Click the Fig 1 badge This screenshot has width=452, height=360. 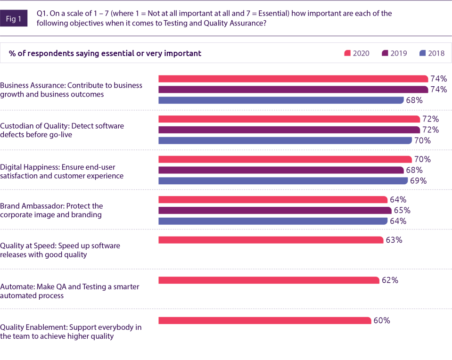pyautogui.click(x=14, y=19)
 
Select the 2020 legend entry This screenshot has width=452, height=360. pyautogui.click(x=357, y=53)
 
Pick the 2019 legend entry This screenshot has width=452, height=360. pyautogui.click(x=394, y=53)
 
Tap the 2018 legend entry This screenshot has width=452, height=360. pyautogui.click(x=431, y=53)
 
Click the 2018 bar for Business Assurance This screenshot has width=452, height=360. pyautogui.click(x=281, y=100)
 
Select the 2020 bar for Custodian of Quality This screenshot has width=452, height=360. pyautogui.click(x=289, y=119)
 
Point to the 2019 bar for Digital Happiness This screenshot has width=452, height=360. pyautogui.click(x=281, y=170)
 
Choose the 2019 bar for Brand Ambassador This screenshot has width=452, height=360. pyautogui.click(x=275, y=210)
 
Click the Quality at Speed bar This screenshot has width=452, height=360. pyautogui.click(x=271, y=240)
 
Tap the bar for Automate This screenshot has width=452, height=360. pyautogui.click(x=269, y=280)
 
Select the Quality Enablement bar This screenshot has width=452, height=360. pyautogui.click(x=265, y=321)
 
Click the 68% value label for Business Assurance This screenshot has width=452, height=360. pyautogui.click(x=414, y=100)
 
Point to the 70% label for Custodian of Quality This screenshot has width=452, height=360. pyautogui.click(x=422, y=140)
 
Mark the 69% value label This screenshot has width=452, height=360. pyautogui.click(x=418, y=181)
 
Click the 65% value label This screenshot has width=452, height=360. pyautogui.click(x=402, y=210)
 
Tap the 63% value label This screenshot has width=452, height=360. pyautogui.click(x=394, y=240)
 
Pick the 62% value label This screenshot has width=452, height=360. pyautogui.click(x=390, y=280)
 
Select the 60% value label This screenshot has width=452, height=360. pyautogui.click(x=382, y=321)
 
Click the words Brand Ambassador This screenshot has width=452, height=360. pyautogui.click(x=32, y=206)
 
